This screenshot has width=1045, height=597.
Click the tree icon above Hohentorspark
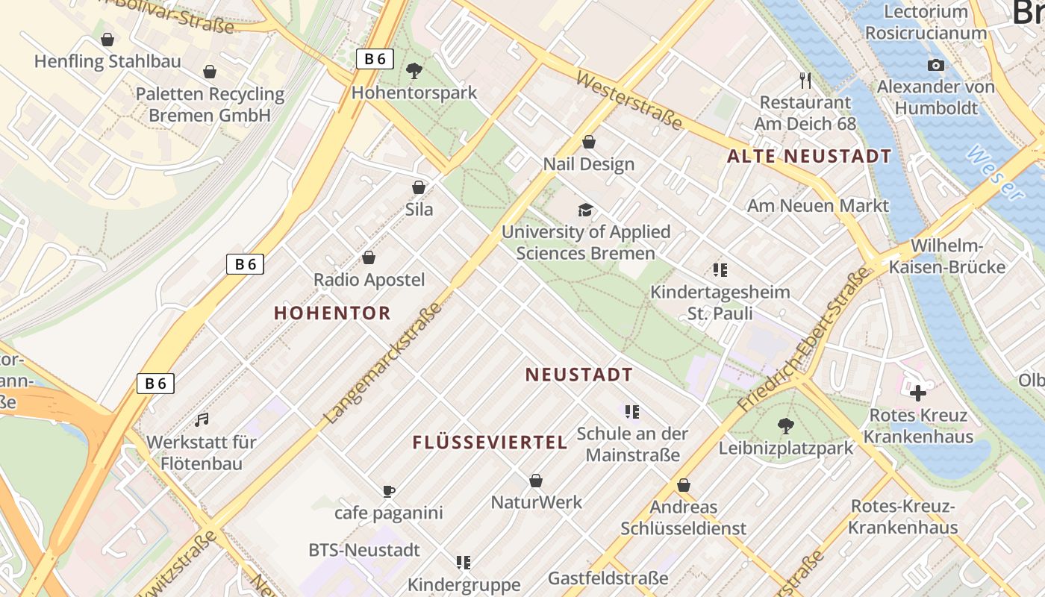(414, 71)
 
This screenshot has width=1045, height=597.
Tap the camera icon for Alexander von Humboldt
(936, 66)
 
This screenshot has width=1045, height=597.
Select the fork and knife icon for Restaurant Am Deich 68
(805, 81)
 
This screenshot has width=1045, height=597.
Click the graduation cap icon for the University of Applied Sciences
(586, 210)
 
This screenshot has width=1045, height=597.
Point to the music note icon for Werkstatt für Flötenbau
(202, 420)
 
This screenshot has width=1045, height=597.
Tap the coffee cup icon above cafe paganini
(388, 491)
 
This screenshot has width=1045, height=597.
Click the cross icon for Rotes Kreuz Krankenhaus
(918, 393)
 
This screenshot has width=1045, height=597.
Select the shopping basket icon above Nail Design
(589, 142)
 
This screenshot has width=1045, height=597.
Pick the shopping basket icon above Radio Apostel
(369, 258)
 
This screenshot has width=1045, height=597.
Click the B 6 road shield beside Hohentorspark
(375, 59)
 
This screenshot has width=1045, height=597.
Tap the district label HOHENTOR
(332, 313)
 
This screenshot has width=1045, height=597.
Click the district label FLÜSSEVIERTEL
(490, 443)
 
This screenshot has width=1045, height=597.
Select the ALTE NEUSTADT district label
(809, 157)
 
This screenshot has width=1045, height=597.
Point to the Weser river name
(995, 174)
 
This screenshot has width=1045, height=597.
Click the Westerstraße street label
(628, 100)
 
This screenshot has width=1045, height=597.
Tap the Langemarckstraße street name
(384, 363)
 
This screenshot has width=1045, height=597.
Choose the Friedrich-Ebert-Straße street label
(804, 340)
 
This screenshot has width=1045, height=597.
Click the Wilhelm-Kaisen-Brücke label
(958, 257)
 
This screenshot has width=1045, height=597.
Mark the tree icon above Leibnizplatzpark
(785, 426)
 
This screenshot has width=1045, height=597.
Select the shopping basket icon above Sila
(419, 187)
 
